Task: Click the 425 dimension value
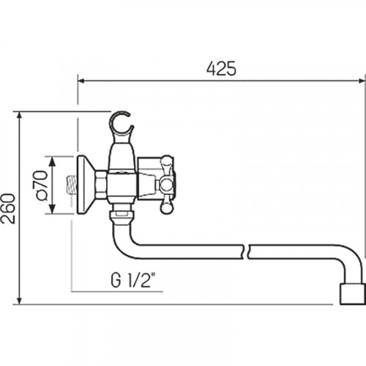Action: point(221,69)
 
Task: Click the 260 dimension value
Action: point(8,209)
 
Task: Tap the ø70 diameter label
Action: point(40,185)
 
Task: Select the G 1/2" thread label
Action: point(133,280)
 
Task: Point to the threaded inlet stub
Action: point(71,184)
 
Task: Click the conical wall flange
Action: point(86,185)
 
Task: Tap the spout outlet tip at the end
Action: point(353,294)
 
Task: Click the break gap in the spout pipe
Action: point(247,251)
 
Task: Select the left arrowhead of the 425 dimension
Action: point(81,81)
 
